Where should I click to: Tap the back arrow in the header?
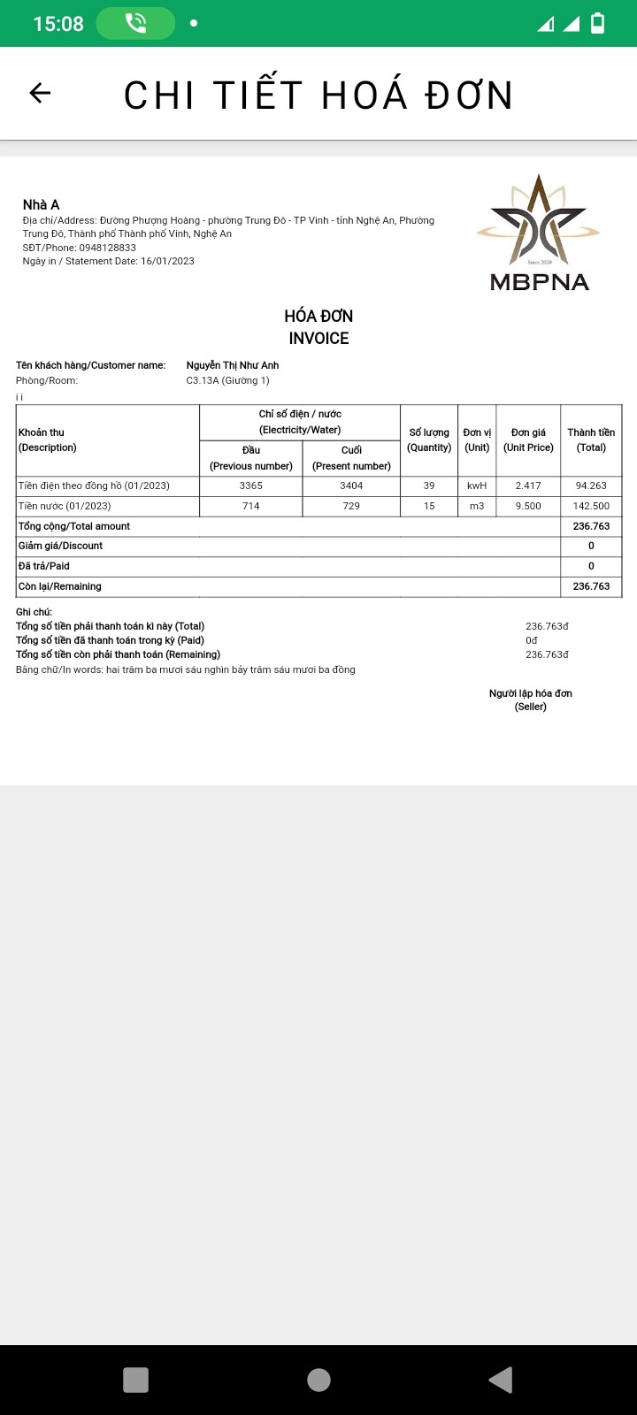40,93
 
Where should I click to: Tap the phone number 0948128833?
107,248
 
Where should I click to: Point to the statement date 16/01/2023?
167,261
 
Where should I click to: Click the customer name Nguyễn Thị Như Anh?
233,365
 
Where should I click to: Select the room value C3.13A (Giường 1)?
227,380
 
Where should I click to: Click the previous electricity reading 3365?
251,486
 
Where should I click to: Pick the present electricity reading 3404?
351,486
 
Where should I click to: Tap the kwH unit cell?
477,486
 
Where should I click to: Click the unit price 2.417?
528,486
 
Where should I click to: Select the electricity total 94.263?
591,486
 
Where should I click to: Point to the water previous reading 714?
251,506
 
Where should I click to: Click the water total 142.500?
591,506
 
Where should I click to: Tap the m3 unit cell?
477,506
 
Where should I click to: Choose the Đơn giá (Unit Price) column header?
528,440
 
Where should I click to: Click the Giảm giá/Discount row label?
61,546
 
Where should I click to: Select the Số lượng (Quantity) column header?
429,440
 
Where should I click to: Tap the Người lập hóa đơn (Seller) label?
531,700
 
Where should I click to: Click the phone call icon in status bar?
135,24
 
